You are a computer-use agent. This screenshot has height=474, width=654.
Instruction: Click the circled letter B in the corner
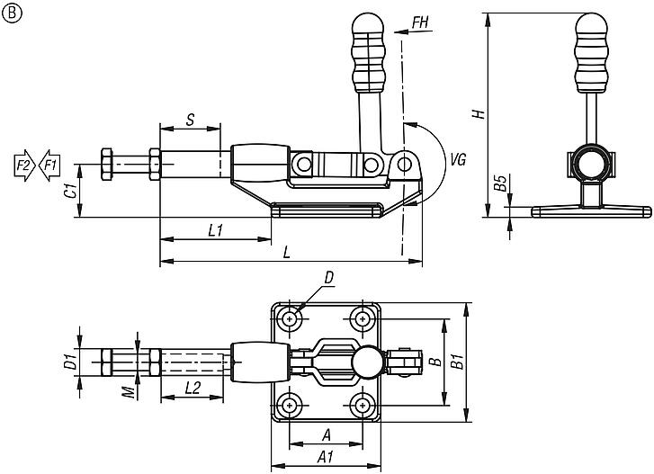(11, 12)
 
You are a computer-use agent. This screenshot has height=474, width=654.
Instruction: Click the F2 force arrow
(24, 165)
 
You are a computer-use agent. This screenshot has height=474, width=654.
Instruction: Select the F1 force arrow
(49, 165)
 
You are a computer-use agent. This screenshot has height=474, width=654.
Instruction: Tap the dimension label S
(190, 119)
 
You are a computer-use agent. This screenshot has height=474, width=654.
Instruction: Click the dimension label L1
(215, 230)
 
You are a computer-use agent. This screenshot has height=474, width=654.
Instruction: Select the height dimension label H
(479, 113)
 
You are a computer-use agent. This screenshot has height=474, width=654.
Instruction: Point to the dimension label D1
(67, 363)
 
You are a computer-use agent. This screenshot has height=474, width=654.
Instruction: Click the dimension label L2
(191, 389)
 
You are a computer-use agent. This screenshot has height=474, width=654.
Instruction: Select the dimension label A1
(327, 456)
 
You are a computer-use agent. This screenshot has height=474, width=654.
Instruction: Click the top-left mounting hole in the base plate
(290, 318)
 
